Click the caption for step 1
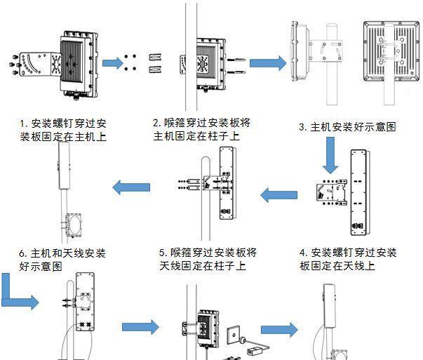64,130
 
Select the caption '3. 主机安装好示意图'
347,127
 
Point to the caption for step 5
207,259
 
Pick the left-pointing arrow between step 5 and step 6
132,187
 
